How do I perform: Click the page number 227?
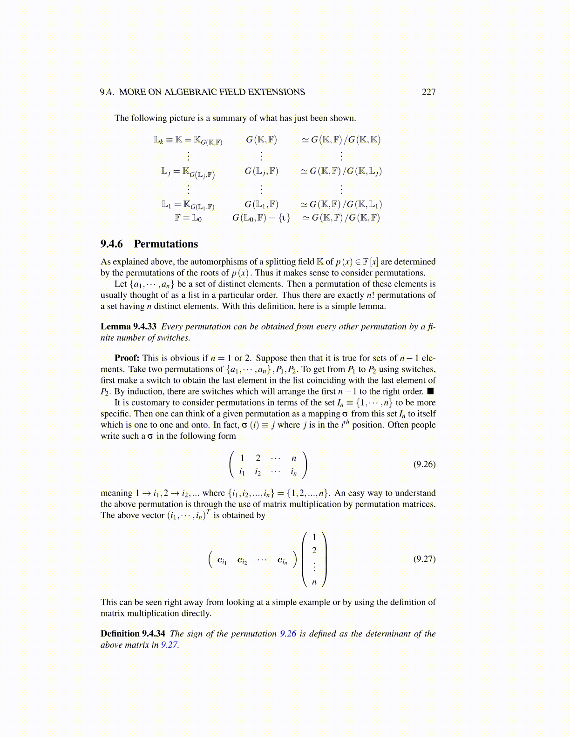(428, 92)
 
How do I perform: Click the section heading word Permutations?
(166, 244)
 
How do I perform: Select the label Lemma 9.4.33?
(129, 327)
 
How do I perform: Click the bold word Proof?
(127, 358)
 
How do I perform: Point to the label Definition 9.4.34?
(133, 634)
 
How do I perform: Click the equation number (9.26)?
(424, 464)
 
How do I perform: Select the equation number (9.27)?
(424, 559)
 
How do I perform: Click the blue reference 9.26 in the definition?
(288, 634)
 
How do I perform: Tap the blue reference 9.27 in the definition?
(169, 645)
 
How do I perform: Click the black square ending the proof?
(431, 392)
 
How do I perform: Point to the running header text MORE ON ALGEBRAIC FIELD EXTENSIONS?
(212, 92)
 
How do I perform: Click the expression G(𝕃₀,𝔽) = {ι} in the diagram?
(261, 217)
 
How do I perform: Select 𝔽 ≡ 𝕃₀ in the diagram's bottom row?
(188, 217)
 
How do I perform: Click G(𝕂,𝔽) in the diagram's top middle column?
(261, 140)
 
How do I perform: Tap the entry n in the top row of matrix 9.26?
(294, 458)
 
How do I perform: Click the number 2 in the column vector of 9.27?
(314, 550)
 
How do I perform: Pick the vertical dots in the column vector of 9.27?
(314, 566)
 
